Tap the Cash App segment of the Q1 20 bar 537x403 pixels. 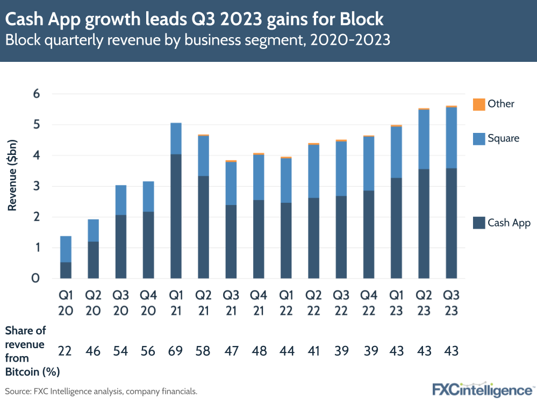pos(66,270)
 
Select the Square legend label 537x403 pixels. pos(503,138)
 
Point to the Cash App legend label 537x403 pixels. pos(509,223)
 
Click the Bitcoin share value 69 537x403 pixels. pos(175,351)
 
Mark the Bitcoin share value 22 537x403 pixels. pos(66,351)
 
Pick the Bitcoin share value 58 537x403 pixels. pos(203,351)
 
